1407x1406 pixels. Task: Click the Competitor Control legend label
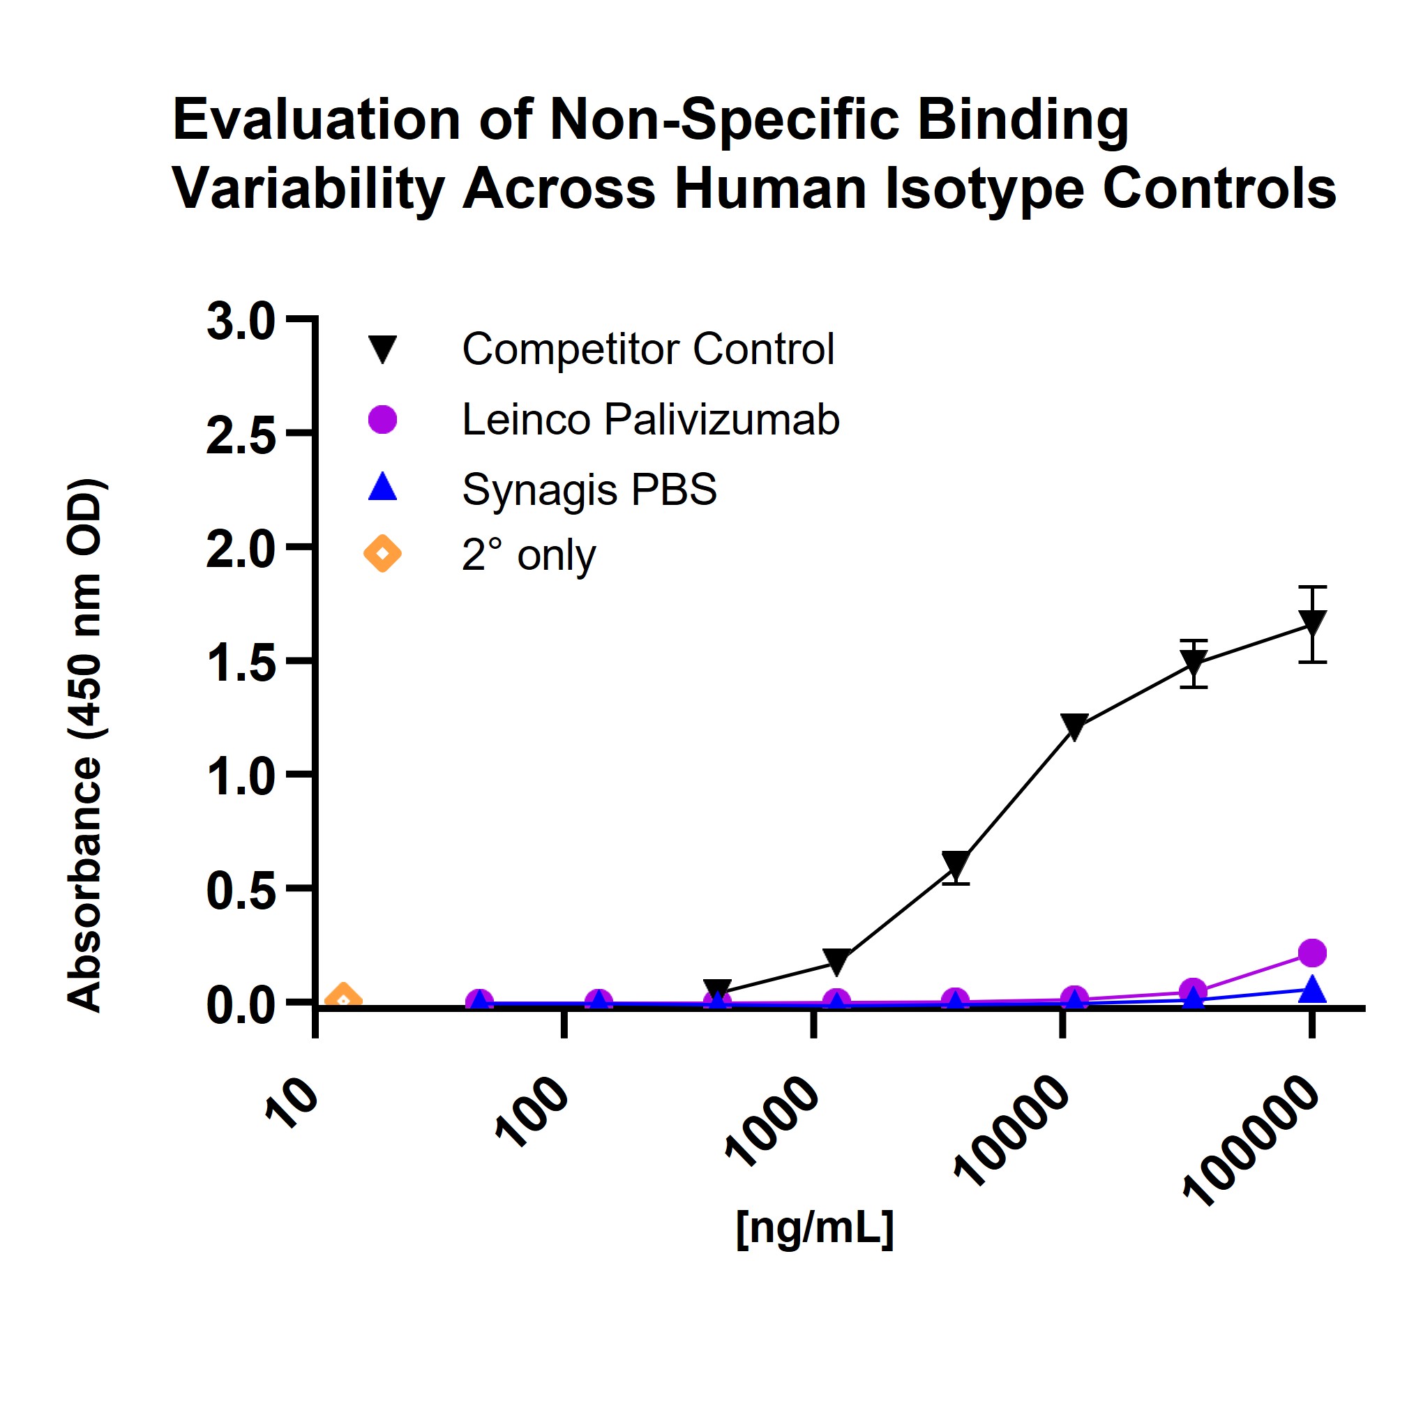[x=647, y=349]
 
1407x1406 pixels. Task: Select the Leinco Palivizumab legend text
[x=650, y=419]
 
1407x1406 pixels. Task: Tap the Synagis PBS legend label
[x=589, y=489]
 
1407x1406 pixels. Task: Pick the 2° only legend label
[x=528, y=555]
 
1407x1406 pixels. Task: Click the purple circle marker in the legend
[x=382, y=419]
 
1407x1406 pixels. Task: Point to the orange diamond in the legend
[x=382, y=554]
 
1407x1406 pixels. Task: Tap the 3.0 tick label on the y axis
[x=241, y=321]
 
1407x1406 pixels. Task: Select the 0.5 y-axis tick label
[x=241, y=891]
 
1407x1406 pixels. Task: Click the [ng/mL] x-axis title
[x=814, y=1228]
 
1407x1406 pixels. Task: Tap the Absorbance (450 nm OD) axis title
[x=85, y=745]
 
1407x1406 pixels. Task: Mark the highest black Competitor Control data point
[x=1311, y=623]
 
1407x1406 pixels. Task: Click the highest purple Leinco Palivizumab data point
[x=1311, y=953]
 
